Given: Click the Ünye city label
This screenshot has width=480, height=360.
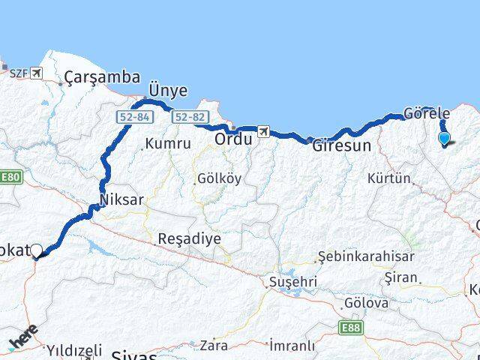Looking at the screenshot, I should click(168, 90).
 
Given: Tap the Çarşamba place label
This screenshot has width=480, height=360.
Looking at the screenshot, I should click(102, 76).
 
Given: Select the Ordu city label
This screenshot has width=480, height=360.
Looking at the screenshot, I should click(232, 139).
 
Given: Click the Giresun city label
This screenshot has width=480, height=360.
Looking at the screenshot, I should click(341, 145).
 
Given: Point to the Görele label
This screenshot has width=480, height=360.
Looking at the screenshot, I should click(426, 113).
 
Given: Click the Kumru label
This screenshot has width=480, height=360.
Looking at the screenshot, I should click(164, 143).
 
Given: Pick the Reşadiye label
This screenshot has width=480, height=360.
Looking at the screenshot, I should click(189, 239).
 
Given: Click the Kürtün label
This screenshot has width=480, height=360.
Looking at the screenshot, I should click(390, 178).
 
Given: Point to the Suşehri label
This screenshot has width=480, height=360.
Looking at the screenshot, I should click(294, 282).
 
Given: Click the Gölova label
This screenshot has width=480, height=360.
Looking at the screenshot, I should click(366, 304).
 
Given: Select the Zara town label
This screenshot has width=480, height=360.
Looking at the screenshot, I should click(214, 345).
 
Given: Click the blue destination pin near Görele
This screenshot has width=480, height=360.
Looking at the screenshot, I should click(444, 138).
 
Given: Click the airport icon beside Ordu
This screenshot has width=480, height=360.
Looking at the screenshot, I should click(263, 132).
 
